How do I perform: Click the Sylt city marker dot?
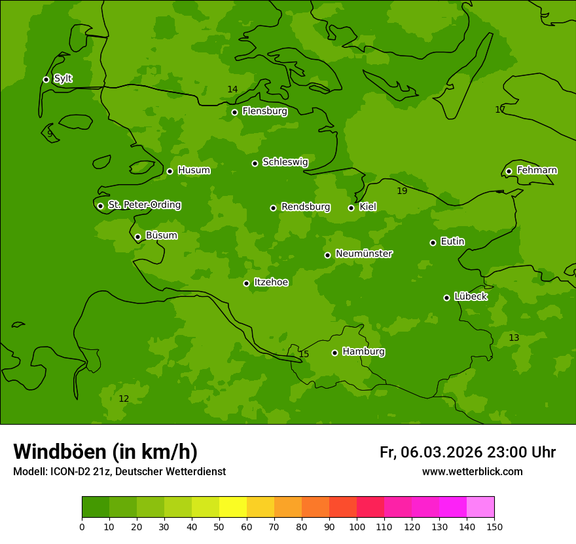pyautogui.click(x=46, y=79)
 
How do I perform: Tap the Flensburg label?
pyautogui.click(x=264, y=111)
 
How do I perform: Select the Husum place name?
pyautogui.click(x=194, y=170)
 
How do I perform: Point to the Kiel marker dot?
pyautogui.click(x=351, y=208)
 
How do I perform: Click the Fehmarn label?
pyautogui.click(x=537, y=170)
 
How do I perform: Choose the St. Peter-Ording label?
pyautogui.click(x=144, y=205)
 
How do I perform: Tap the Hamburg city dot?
pyautogui.click(x=334, y=353)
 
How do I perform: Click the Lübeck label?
pyautogui.click(x=470, y=297)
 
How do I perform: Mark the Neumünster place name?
pyautogui.click(x=363, y=254)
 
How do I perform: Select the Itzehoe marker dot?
pyautogui.click(x=246, y=283)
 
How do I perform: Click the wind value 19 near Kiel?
pyautogui.click(x=402, y=191)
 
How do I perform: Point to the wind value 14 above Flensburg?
pyautogui.click(x=232, y=90)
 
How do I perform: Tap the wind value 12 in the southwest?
pyautogui.click(x=124, y=399)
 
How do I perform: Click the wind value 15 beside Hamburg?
pyautogui.click(x=304, y=355)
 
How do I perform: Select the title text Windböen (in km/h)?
pyautogui.click(x=105, y=452)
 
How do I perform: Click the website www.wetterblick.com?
pyautogui.click(x=472, y=472)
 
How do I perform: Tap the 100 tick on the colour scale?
pyautogui.click(x=357, y=526)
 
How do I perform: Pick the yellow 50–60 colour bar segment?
pyautogui.click(x=233, y=507)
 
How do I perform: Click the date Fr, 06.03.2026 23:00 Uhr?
pyautogui.click(x=467, y=452)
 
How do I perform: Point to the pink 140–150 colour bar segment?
pyautogui.click(x=480, y=507)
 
